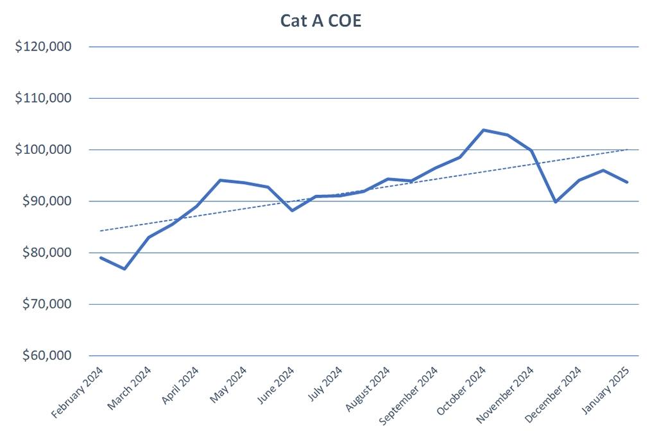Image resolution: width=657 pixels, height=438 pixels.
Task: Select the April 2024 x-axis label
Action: [x=181, y=387]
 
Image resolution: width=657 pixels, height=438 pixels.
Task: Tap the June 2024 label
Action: [x=276, y=387]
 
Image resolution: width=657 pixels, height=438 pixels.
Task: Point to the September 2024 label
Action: [x=409, y=395]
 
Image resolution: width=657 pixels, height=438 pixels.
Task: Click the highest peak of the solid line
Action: [x=483, y=130]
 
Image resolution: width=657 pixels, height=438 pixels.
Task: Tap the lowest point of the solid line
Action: [x=124, y=269]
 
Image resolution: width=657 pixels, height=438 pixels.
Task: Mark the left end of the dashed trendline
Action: [x=101, y=231]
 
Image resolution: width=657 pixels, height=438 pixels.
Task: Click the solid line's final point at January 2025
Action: [x=627, y=182]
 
